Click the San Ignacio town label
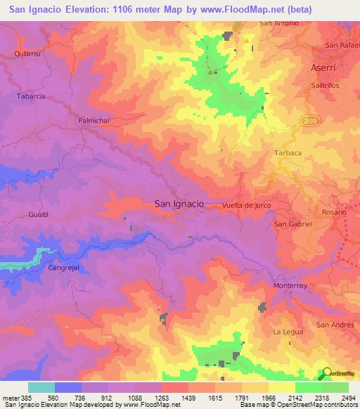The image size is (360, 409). point(179,203)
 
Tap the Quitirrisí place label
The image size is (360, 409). point(29,53)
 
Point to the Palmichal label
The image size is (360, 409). point(94,121)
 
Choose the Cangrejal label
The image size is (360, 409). point(66,268)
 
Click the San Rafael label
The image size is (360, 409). point(341,45)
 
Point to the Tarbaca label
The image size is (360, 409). point(287,152)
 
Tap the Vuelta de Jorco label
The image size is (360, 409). point(246,204)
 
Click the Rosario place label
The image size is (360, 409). point(335,212)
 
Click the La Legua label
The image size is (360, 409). point(287,331)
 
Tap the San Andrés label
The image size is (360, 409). point(333,325)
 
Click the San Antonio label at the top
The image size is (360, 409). point(279,23)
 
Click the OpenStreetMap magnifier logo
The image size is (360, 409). point(328,373)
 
